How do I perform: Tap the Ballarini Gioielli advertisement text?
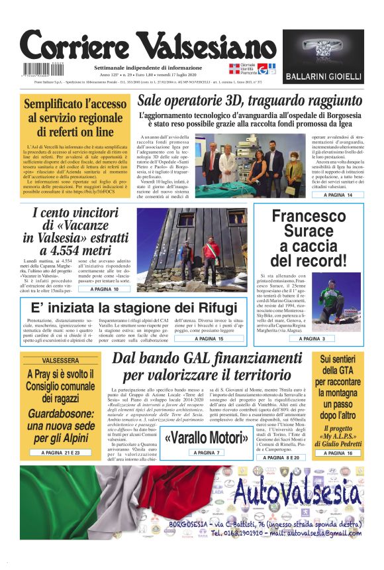point(322,77)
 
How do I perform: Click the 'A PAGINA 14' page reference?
point(338,196)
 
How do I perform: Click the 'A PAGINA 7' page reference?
point(205,453)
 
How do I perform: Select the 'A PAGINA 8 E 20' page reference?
point(280,457)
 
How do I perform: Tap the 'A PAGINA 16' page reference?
point(338,453)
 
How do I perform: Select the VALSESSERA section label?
point(60,361)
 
